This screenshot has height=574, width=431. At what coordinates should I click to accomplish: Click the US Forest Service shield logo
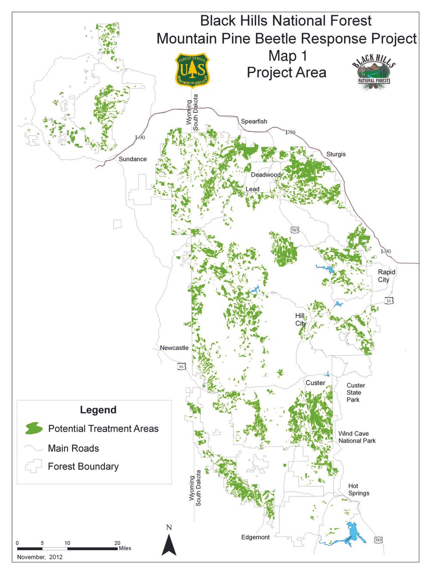[192, 70]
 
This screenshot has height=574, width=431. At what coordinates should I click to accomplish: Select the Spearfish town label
[254, 121]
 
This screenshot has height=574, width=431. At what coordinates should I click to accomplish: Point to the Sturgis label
[336, 154]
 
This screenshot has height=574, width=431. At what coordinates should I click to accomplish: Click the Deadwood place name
[265, 175]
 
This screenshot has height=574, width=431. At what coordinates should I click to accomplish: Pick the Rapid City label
[386, 276]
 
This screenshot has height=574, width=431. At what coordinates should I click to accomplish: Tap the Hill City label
[300, 320]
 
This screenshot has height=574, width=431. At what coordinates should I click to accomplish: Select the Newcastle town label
[174, 348]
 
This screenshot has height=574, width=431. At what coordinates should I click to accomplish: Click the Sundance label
[133, 159]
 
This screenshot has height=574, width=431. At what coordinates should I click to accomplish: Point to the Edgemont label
[255, 537]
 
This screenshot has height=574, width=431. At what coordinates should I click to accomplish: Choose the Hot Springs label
[358, 490]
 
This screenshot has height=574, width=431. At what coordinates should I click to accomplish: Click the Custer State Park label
[356, 392]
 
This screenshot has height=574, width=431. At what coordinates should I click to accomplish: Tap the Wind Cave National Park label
[357, 437]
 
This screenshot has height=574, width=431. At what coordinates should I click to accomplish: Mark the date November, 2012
[40, 557]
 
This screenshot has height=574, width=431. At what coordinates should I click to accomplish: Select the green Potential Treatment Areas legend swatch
[34, 428]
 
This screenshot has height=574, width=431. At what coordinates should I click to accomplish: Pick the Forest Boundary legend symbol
[33, 466]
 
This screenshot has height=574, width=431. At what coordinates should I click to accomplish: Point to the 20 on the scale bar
[117, 543]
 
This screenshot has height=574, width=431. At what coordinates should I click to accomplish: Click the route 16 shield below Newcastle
[181, 366]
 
